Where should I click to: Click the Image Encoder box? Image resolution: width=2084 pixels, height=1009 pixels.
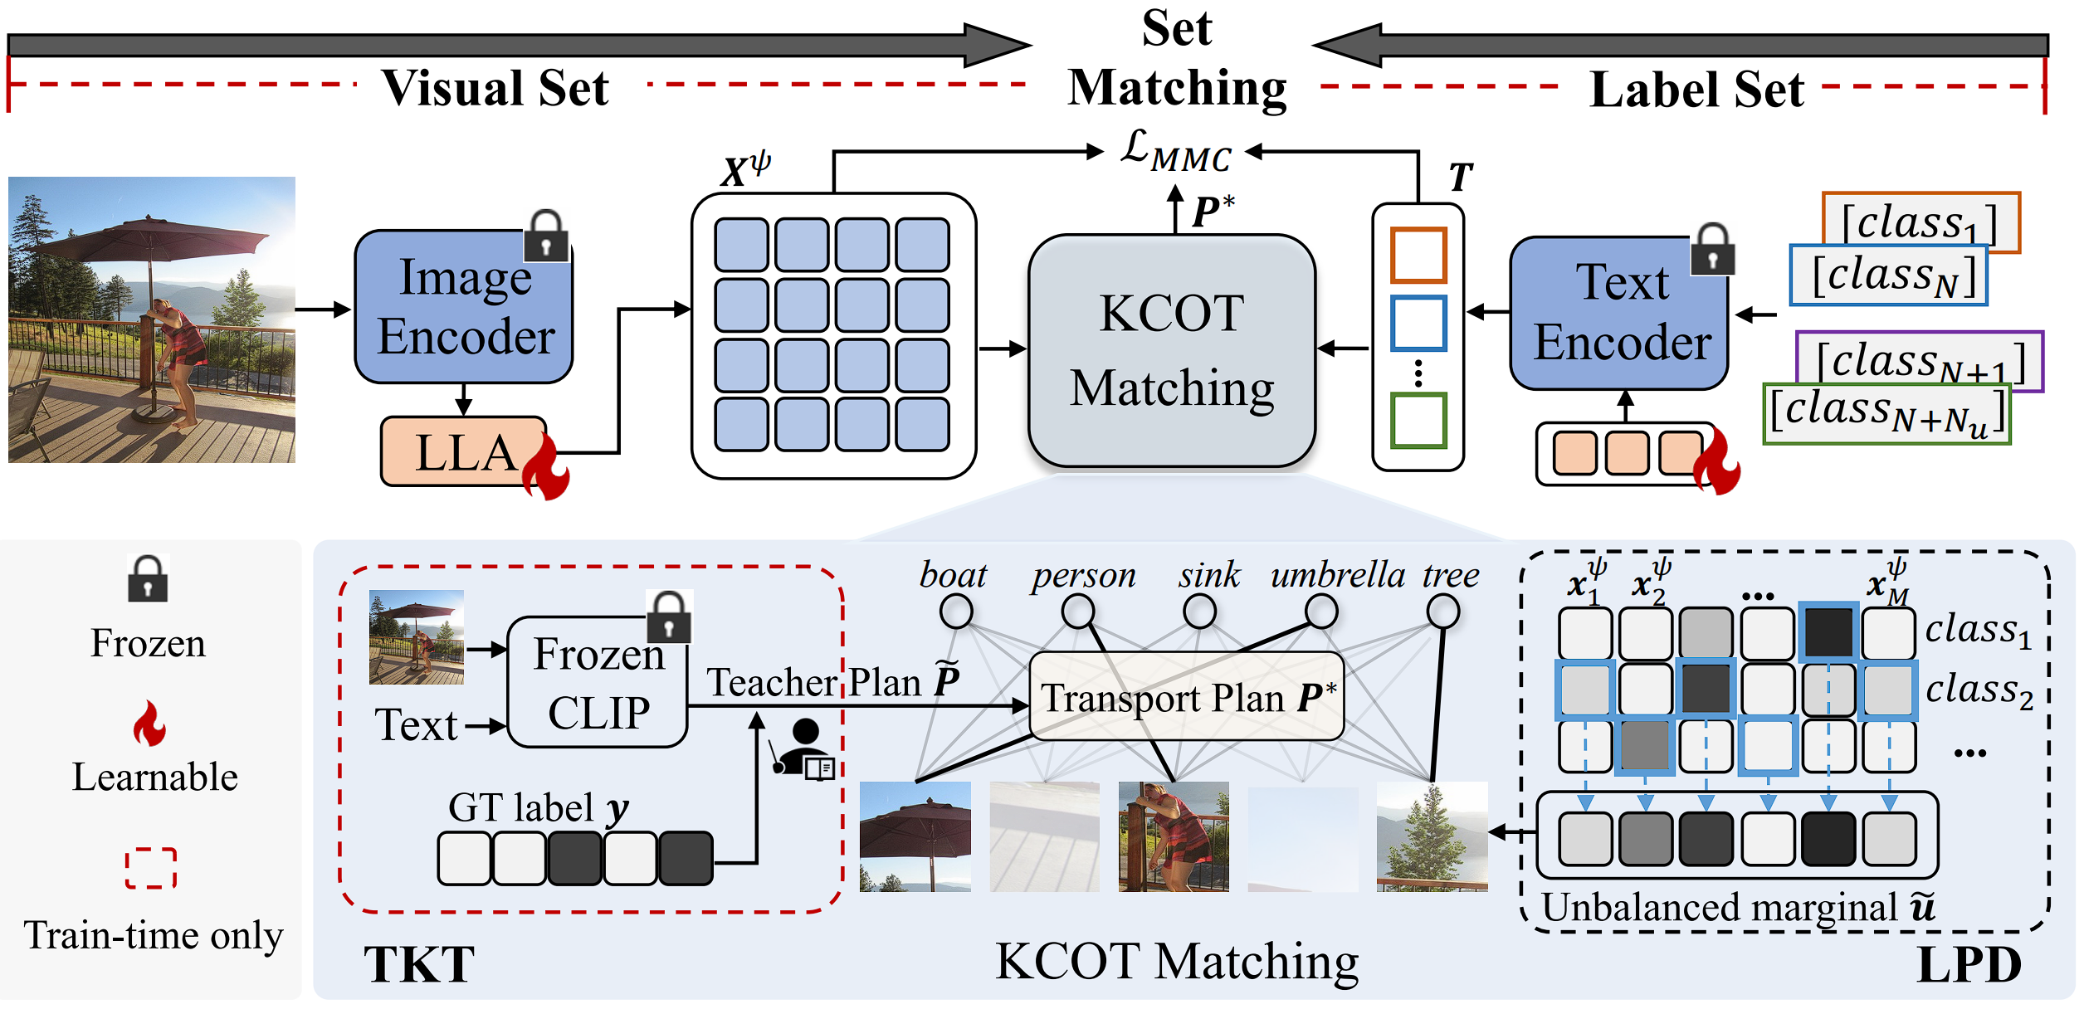463,307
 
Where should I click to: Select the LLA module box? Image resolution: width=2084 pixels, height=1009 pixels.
463,452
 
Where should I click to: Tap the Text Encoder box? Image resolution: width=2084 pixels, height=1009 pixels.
1618,314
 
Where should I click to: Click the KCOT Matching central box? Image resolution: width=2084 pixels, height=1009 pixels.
1172,351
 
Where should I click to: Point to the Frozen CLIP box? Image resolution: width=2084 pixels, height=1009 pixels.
598,683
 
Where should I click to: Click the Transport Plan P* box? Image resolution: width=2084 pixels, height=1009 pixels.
1186,697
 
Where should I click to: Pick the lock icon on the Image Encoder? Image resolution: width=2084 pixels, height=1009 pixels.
546,236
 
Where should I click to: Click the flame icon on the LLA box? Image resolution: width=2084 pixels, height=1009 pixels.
546,469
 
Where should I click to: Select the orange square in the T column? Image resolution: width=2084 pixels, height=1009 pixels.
1418,255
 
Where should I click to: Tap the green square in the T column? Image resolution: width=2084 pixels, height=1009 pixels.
1418,421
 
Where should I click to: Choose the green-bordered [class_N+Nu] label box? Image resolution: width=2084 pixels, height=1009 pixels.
1886,413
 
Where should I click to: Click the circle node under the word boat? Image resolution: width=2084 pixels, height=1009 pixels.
956,612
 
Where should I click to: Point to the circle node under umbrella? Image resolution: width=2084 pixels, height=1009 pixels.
1320,612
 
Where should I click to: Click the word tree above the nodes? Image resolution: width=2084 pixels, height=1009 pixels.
1450,575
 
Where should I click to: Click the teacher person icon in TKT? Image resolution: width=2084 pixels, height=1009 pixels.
803,748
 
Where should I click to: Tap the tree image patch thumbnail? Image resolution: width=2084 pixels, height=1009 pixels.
1432,836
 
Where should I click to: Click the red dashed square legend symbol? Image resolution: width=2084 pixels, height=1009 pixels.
150,868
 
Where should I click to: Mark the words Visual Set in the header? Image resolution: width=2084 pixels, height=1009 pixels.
495,87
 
